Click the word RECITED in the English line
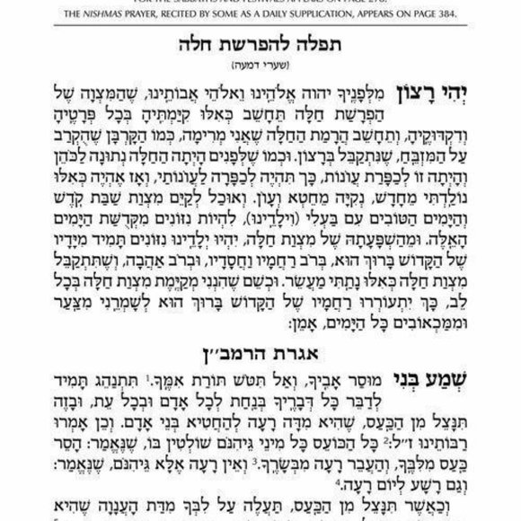187,15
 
